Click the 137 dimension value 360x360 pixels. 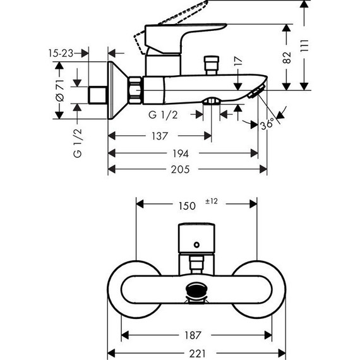[x=160, y=136]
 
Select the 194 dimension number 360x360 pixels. [x=181, y=153]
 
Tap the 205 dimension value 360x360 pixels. [x=181, y=169]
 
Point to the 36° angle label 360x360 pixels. [x=267, y=124]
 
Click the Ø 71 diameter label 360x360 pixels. [x=60, y=90]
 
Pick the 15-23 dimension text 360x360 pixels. [x=61, y=53]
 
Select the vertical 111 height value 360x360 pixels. [x=304, y=46]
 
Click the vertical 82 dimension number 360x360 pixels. [x=287, y=57]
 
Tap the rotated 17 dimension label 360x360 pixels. [x=238, y=61]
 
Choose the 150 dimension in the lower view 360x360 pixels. [x=187, y=206]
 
